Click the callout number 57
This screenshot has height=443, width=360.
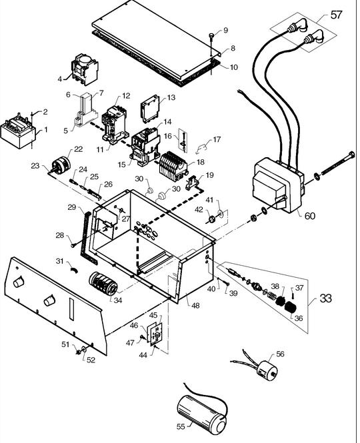pyautogui.click(x=336, y=15)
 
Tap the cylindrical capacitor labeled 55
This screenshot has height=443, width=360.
pyautogui.click(x=201, y=415)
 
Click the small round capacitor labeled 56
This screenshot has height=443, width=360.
pyautogui.click(x=267, y=370)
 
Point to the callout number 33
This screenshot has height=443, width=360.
pyautogui.click(x=325, y=298)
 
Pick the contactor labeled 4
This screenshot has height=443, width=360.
pyautogui.click(x=85, y=69)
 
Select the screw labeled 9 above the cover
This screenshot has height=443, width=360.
pyautogui.click(x=212, y=36)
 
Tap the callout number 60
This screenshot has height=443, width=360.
pyautogui.click(x=309, y=216)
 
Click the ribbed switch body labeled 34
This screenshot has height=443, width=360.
pyautogui.click(x=103, y=283)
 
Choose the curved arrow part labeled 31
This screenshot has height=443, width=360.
pyautogui.click(x=74, y=270)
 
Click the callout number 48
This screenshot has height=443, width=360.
pyautogui.click(x=195, y=305)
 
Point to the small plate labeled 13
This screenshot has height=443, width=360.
pyautogui.click(x=149, y=109)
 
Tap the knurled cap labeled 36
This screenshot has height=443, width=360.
pyautogui.click(x=290, y=307)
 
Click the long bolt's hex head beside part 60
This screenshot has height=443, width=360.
pyautogui.click(x=351, y=155)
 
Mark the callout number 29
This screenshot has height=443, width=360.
pyautogui.click(x=72, y=207)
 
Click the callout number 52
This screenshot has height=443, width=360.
pyautogui.click(x=91, y=360)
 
